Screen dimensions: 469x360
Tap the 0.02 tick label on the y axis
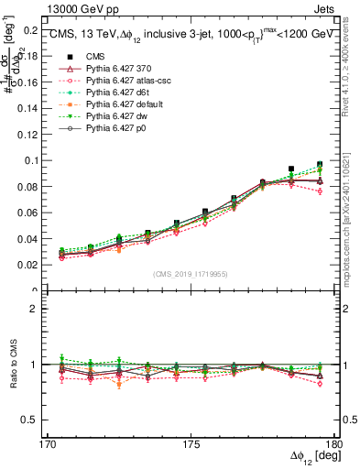pyautogui.click(x=30, y=265)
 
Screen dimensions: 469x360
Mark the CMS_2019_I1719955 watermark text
pyautogui.click(x=191, y=273)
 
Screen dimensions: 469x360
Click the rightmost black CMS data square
pyautogui.click(x=320, y=165)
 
